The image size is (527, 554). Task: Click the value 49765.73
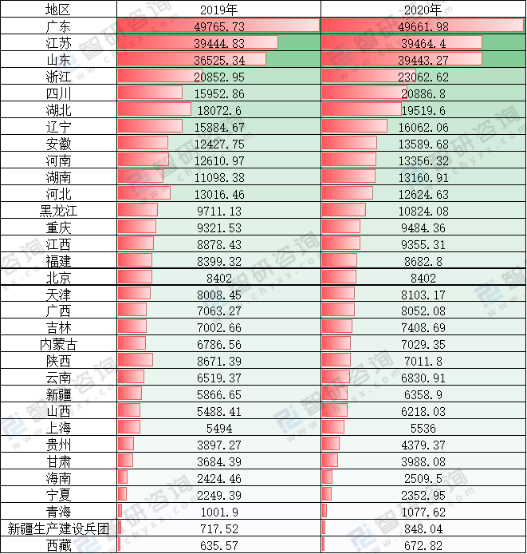(x=218, y=26)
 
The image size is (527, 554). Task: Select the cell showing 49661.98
(x=423, y=26)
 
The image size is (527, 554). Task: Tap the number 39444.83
(x=218, y=43)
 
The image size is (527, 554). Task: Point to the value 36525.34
(x=218, y=60)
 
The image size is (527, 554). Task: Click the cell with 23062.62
(x=423, y=77)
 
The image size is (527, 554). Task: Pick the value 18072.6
(x=218, y=110)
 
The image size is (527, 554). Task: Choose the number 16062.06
(x=423, y=127)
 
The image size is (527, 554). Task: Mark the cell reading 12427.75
(x=218, y=144)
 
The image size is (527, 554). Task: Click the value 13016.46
(x=218, y=194)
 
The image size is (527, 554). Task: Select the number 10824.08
(x=423, y=211)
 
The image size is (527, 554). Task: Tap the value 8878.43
(x=218, y=244)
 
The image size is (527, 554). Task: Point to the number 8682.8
(x=423, y=261)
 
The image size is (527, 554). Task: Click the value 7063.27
(x=218, y=311)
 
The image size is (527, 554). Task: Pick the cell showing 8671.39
(x=218, y=361)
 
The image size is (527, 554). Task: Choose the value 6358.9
(x=423, y=394)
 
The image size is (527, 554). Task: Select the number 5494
(x=218, y=427)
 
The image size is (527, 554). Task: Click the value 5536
(x=423, y=427)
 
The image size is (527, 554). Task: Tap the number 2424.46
(x=218, y=478)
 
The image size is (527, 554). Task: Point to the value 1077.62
(x=423, y=512)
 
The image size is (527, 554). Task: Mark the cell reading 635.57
(x=218, y=545)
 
